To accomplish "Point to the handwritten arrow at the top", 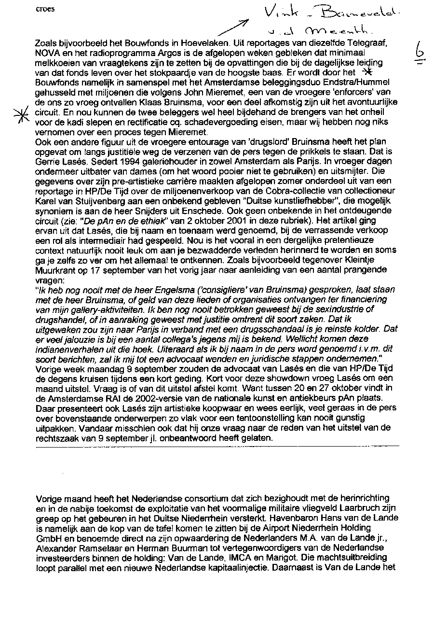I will pos(233,28).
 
